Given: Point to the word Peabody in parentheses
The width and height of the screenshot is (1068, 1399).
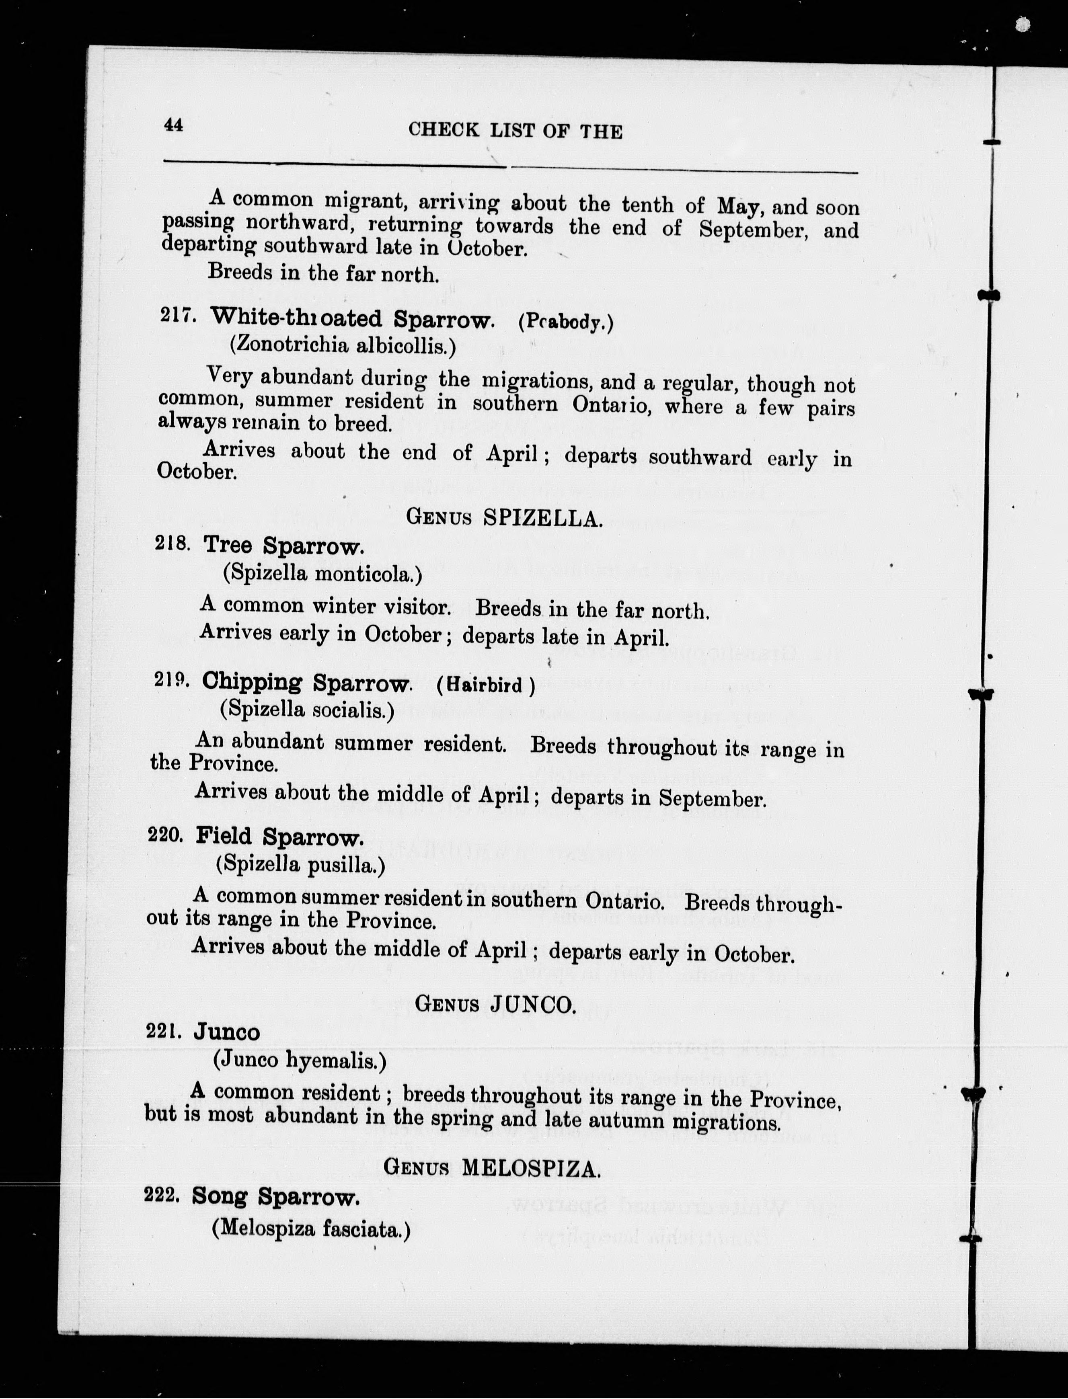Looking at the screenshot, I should [x=566, y=323].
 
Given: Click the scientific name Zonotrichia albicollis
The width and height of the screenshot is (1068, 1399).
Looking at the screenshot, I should [x=343, y=346].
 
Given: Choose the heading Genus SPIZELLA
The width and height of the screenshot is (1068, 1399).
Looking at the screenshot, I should [x=503, y=518].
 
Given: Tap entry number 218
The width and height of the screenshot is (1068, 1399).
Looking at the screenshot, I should [x=172, y=544].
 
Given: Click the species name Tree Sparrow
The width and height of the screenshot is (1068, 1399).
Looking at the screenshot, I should [x=283, y=546].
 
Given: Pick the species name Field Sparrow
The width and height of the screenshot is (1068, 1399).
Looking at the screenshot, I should [x=280, y=837].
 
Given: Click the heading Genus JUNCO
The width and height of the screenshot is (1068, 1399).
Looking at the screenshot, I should [x=495, y=1004].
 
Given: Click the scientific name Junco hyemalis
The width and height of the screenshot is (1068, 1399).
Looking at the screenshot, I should [x=300, y=1060].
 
